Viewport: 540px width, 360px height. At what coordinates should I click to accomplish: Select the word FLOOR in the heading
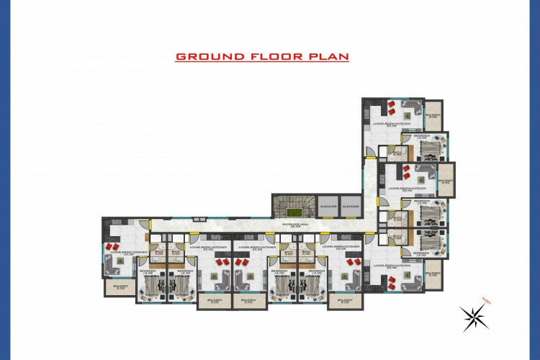coord(270,56)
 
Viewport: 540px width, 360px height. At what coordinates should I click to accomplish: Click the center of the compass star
coord(473,317)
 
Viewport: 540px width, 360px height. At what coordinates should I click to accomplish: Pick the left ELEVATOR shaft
coord(328,205)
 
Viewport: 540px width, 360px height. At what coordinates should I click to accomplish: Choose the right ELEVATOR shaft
coord(351,205)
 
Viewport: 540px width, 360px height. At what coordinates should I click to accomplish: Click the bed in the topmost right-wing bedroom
coord(429,150)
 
